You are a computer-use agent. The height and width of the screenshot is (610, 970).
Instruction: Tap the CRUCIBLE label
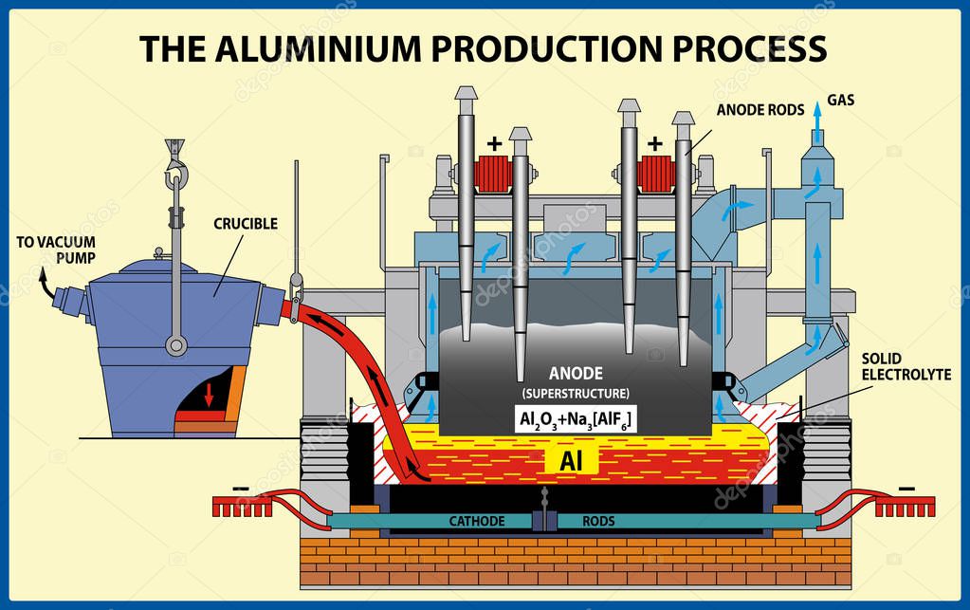point(245,224)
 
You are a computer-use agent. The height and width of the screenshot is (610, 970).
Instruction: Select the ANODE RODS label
point(754,109)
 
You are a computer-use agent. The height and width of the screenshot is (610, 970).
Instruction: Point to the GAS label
point(841,100)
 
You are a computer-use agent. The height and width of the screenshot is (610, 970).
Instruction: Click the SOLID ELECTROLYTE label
point(906,367)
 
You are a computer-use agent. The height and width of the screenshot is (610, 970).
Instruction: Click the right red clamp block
point(653,173)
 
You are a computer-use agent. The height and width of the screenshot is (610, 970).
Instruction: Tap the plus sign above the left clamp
point(493,144)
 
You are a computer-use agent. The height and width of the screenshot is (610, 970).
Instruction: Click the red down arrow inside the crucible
point(209,394)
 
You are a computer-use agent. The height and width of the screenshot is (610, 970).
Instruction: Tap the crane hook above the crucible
point(174,170)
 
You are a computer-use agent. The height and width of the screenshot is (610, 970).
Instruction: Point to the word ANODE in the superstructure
point(577,374)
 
